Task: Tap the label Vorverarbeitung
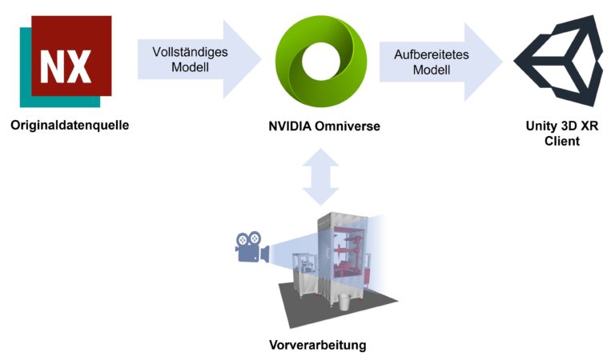(x=318, y=346)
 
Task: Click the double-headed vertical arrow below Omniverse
(x=320, y=174)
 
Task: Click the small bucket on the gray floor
(x=342, y=302)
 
